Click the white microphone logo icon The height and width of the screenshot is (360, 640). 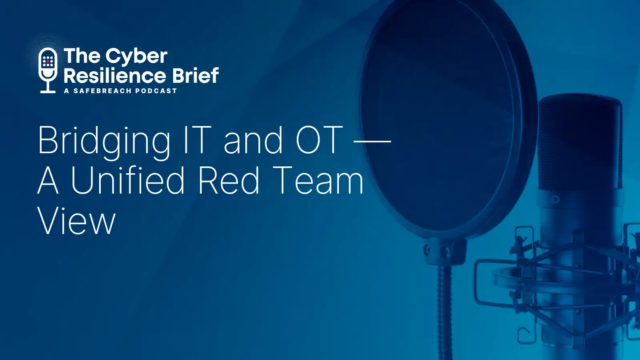(48, 70)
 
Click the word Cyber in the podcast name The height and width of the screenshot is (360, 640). (136, 56)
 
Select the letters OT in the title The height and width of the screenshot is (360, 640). (319, 140)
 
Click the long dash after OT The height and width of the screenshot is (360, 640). (372, 140)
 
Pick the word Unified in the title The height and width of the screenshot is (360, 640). (128, 180)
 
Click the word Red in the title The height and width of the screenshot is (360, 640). (228, 180)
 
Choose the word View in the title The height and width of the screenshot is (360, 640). (76, 220)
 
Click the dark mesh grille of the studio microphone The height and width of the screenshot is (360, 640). (580, 143)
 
